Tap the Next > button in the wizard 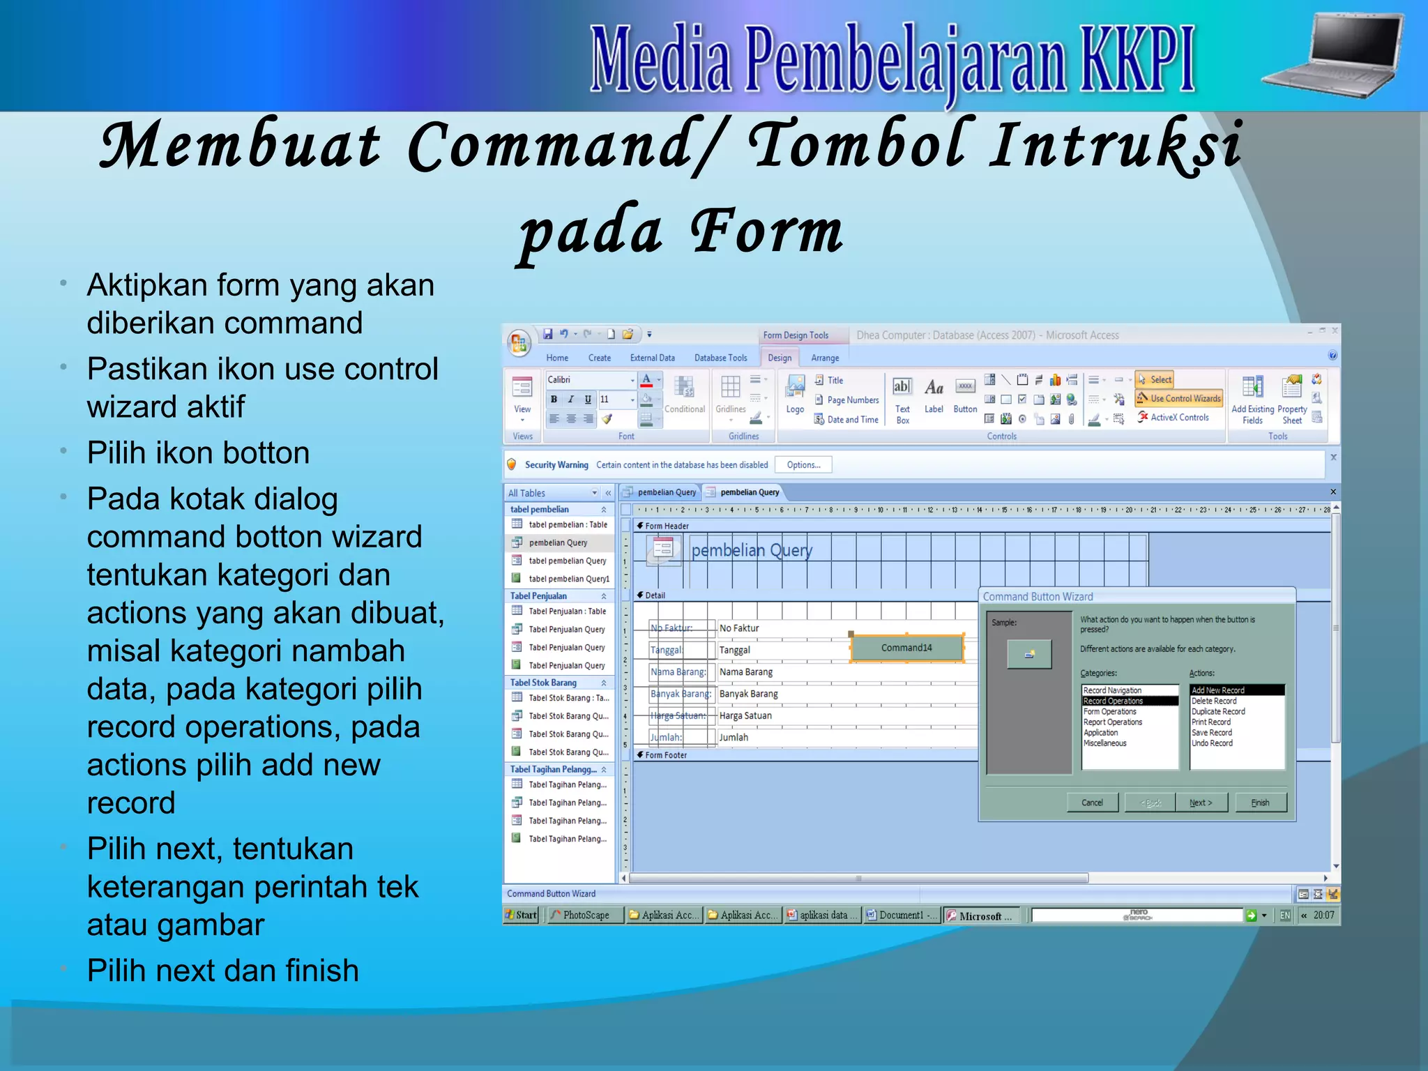[x=1201, y=803]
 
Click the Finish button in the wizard [x=1260, y=803]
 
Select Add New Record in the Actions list [x=1236, y=690]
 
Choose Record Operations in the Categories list [x=1129, y=701]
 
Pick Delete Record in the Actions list [x=1214, y=701]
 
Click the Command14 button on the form [x=906, y=648]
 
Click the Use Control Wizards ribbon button [x=1179, y=398]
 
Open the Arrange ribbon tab [x=825, y=358]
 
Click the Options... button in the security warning [x=803, y=464]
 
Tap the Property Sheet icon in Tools [x=1292, y=397]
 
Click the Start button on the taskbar [x=521, y=915]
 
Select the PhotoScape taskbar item [x=584, y=915]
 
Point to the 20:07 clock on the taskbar [x=1323, y=915]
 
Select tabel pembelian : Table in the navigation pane [x=567, y=524]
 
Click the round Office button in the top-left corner [x=518, y=342]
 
